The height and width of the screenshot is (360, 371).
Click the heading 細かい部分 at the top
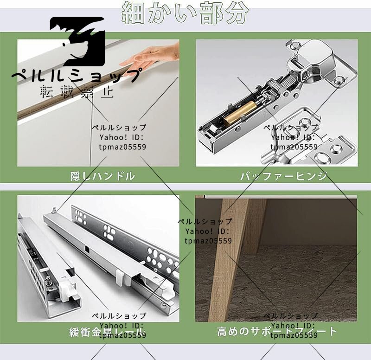pyautogui.click(x=185, y=13)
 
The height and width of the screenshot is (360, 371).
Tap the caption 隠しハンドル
pyautogui.click(x=102, y=176)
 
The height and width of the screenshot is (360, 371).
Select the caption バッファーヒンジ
pyautogui.click(x=283, y=176)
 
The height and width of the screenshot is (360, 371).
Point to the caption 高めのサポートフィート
pyautogui.click(x=277, y=332)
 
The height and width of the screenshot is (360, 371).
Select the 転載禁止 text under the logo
pyautogui.click(x=77, y=91)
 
